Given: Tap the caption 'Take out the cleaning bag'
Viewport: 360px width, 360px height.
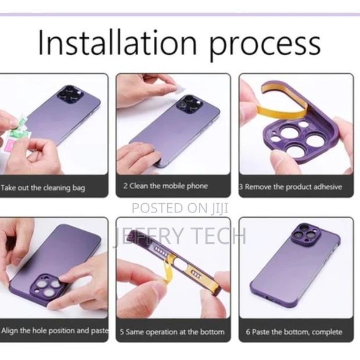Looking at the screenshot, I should pyautogui.click(x=44, y=188).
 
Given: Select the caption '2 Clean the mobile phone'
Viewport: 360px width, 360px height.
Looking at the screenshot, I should pyautogui.click(x=165, y=186).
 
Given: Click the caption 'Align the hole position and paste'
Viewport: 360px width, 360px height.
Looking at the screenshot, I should pyautogui.click(x=54, y=331).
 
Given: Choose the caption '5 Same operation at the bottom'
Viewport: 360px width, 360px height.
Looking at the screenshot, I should pyautogui.click(x=172, y=332).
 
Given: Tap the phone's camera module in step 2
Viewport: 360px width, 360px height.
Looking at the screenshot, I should pyautogui.click(x=190, y=103).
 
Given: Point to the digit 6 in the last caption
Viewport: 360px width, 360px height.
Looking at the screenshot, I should pyautogui.click(x=248, y=332).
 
